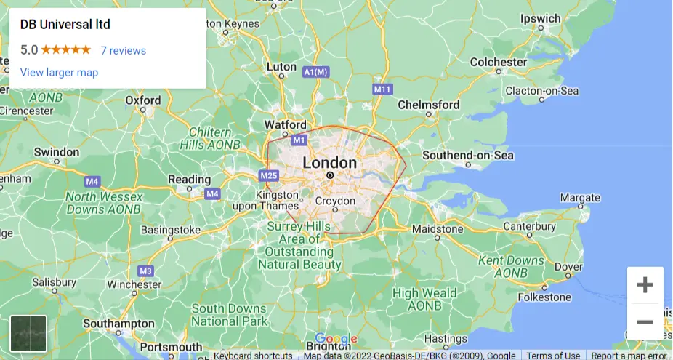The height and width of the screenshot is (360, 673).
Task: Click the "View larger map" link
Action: pyautogui.click(x=59, y=73)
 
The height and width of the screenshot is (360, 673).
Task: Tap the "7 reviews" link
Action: pyautogui.click(x=123, y=51)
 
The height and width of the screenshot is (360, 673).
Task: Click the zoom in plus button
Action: pyautogui.click(x=645, y=285)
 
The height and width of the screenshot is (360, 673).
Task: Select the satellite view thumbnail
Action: pyautogui.click(x=28, y=334)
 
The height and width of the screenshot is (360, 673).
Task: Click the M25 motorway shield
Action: pyautogui.click(x=268, y=175)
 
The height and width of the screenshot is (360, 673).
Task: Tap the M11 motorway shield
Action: pyautogui.click(x=382, y=89)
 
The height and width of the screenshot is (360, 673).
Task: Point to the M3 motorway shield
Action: pyautogui.click(x=146, y=271)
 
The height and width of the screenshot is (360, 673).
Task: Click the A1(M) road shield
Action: pyautogui.click(x=317, y=72)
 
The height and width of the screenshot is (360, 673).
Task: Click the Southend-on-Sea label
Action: pyautogui.click(x=468, y=156)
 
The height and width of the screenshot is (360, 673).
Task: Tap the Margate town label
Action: pyautogui.click(x=580, y=198)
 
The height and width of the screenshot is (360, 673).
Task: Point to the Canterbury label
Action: pyautogui.click(x=530, y=226)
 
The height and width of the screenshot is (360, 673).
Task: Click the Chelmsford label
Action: pyautogui.click(x=429, y=105)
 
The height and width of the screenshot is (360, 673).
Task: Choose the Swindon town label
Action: pyautogui.click(x=56, y=152)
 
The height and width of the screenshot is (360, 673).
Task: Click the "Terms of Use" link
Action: pyautogui.click(x=553, y=356)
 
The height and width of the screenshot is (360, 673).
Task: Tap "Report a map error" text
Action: pyautogui.click(x=628, y=356)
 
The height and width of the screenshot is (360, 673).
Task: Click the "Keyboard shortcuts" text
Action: pyautogui.click(x=253, y=356)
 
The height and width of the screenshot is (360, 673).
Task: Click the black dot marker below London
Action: pyautogui.click(x=330, y=175)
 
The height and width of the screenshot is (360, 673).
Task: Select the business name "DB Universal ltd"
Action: pyautogui.click(x=65, y=25)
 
